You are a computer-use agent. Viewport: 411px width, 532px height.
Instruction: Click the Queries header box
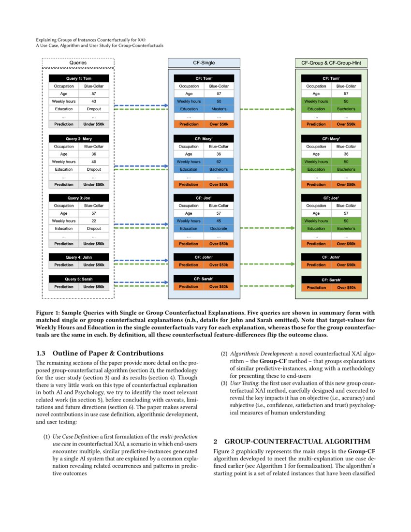[78, 62]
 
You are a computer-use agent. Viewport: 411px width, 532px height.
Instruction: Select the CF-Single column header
[204, 63]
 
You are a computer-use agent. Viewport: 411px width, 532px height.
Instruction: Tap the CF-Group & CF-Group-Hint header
[331, 63]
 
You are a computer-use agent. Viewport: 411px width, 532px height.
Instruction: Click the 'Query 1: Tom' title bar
[78, 78]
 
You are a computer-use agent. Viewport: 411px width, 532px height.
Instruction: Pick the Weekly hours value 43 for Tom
[94, 102]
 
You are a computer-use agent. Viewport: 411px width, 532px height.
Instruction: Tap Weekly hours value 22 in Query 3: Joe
[94, 221]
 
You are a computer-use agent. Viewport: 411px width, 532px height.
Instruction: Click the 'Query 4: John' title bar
[78, 257]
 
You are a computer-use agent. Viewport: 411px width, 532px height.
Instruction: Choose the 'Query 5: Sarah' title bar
[78, 279]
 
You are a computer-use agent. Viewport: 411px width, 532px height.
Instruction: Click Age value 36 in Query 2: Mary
[94, 154]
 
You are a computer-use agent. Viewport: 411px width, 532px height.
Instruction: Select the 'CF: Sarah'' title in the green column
[331, 280]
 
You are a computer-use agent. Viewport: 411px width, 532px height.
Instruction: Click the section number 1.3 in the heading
[42, 353]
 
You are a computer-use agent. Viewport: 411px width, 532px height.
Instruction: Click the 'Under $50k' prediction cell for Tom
[94, 124]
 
